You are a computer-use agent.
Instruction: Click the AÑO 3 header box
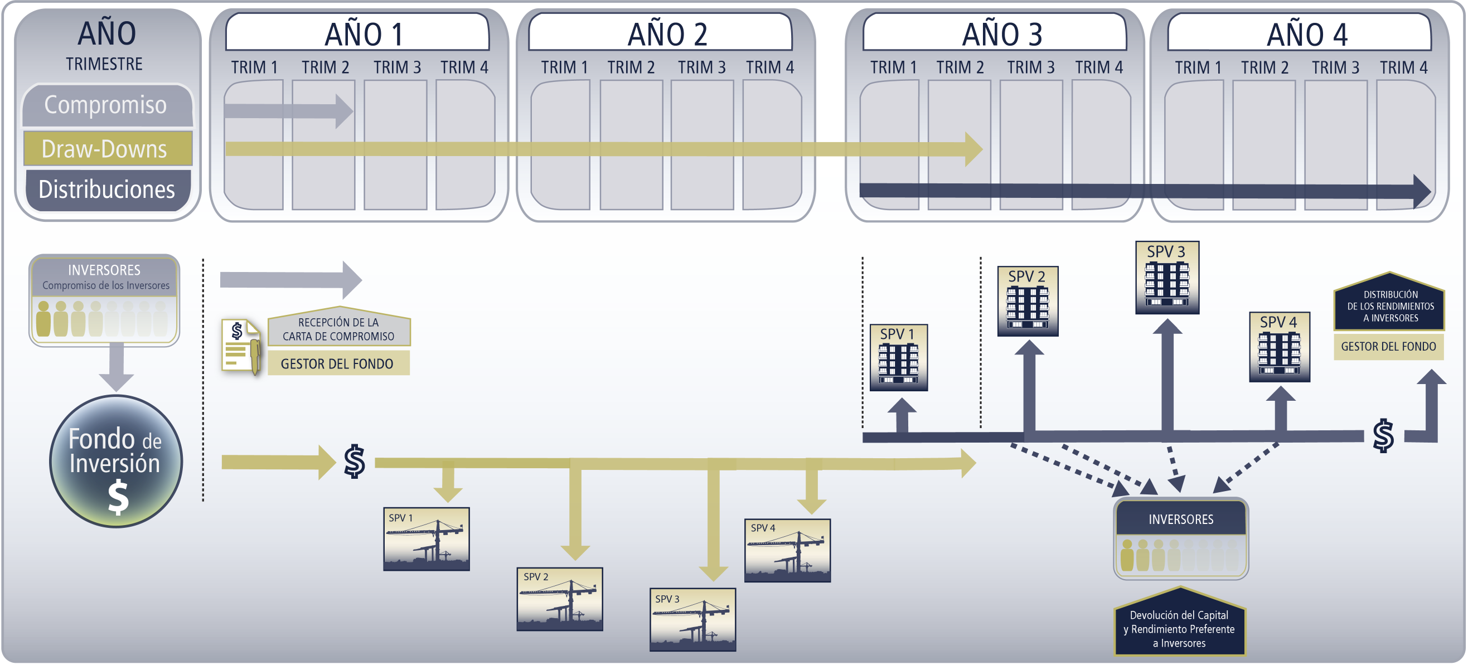(995, 32)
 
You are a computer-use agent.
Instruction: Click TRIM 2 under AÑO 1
(325, 67)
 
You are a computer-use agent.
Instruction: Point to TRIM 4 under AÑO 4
(1403, 68)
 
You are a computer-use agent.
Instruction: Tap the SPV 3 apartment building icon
(1167, 278)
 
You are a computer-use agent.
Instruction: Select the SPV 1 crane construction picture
(427, 539)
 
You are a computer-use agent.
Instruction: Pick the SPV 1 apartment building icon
(899, 358)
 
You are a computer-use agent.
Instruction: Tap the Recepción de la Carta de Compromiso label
(338, 329)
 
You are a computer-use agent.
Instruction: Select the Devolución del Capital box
(1180, 622)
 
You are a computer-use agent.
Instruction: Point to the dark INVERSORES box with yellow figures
(1181, 538)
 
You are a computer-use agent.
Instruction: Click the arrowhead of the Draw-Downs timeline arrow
(974, 149)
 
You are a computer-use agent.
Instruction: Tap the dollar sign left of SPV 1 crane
(355, 461)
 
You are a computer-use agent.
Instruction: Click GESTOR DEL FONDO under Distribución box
(1388, 347)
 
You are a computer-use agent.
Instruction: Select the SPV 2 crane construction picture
(560, 599)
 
